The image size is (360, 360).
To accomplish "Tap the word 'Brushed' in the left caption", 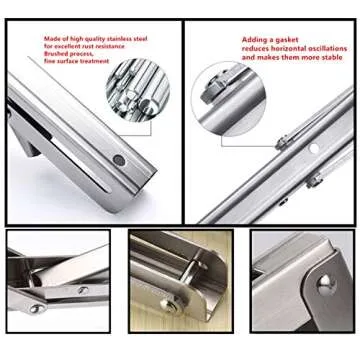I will [x=57, y=54].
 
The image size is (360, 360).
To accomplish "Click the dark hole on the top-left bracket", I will [x=119, y=159].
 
